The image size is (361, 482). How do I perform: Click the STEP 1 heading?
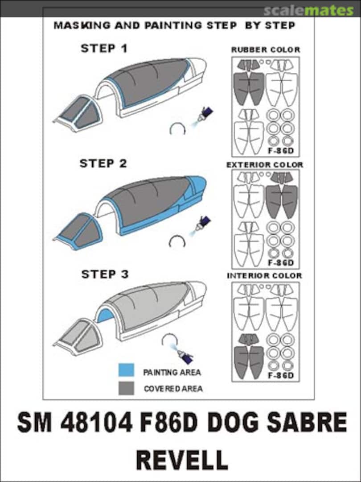[x=104, y=48]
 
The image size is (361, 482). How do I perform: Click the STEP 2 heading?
[x=103, y=163]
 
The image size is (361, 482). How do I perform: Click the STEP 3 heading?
[x=105, y=274]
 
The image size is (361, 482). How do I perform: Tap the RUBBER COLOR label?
[x=266, y=50]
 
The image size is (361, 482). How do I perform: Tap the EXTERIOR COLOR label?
[x=265, y=165]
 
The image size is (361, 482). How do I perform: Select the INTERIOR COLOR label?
[x=264, y=276]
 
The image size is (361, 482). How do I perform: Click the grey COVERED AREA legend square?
[x=126, y=388]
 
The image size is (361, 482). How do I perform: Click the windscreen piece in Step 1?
[x=78, y=112]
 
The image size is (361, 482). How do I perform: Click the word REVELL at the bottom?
[x=181, y=460]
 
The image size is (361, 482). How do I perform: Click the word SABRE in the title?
[x=309, y=423]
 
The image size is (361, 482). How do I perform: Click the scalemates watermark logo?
[x=308, y=10]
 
